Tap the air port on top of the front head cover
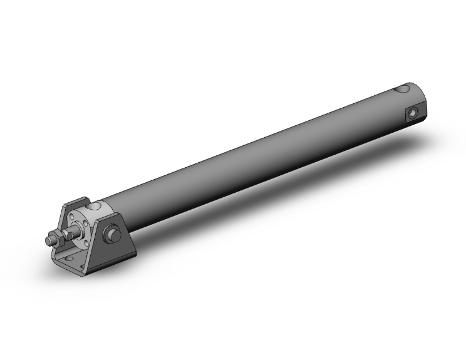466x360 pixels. pyautogui.click(x=93, y=205)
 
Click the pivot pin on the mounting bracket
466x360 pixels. pyautogui.click(x=114, y=234)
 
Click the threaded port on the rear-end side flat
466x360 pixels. pyautogui.click(x=412, y=113)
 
